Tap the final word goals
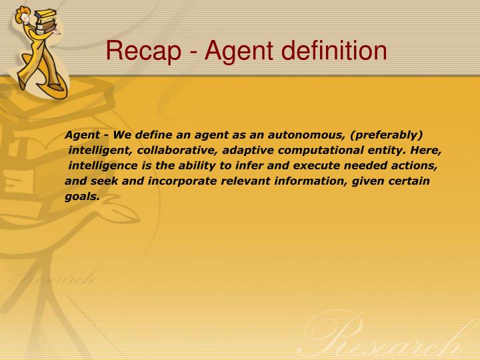(x=82, y=196)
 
